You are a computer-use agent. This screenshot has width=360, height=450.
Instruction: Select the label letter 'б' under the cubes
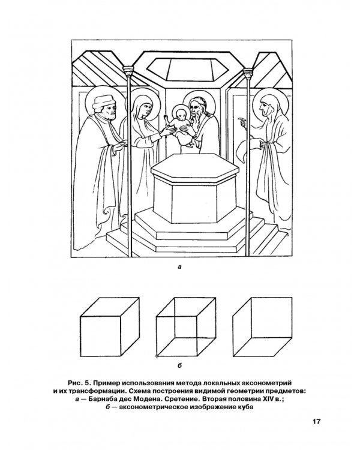(179, 365)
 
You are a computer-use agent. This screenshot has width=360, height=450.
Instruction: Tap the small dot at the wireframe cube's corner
(157, 356)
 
